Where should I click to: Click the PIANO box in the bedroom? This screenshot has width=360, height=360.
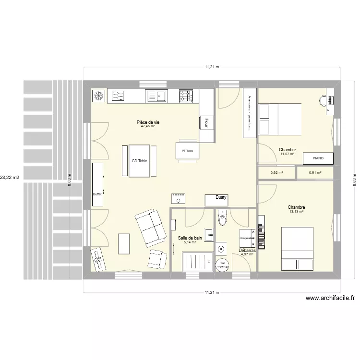click(318, 158)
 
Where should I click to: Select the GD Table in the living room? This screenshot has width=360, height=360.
click(139, 161)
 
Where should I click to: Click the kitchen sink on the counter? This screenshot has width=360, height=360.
click(156, 96)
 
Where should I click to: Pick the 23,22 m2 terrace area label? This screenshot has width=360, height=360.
click(10, 178)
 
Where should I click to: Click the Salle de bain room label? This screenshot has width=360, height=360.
click(190, 238)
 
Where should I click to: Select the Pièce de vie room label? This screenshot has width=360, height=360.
click(148, 122)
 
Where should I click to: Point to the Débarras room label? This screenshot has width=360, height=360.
click(247, 251)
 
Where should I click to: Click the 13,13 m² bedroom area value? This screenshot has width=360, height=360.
click(297, 212)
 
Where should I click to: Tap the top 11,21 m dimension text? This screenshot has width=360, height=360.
click(212, 67)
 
